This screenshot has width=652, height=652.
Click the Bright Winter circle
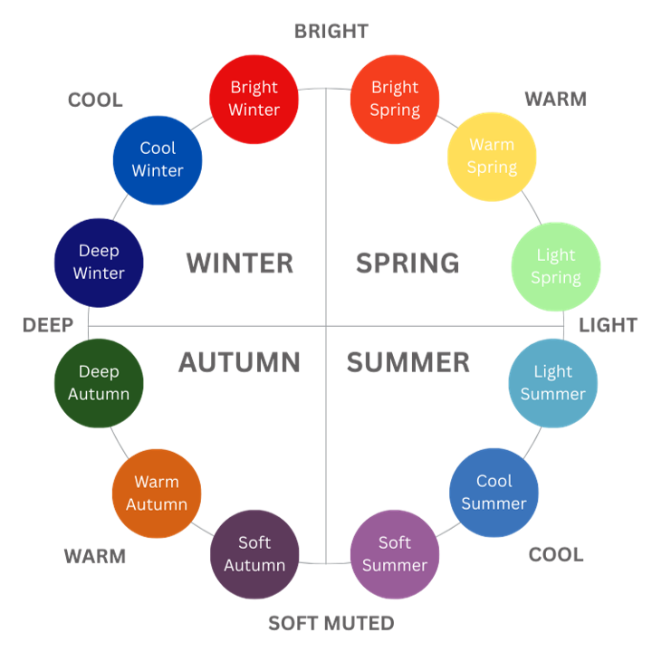tap(254, 99)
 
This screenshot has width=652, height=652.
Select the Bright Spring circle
tap(394, 99)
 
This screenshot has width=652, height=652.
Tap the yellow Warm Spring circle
tap(492, 156)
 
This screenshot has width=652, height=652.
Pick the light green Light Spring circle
tap(556, 266)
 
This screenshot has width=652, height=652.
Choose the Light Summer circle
tap(552, 383)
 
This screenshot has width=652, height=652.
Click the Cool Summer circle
tap(494, 492)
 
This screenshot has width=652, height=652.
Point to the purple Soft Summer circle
tap(394, 553)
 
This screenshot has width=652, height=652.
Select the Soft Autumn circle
tap(254, 553)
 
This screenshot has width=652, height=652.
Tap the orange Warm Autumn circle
tap(157, 493)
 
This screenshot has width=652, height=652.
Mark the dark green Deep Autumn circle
tap(99, 383)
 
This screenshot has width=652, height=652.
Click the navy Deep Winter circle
tap(99, 262)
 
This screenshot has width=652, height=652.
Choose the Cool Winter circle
tap(158, 159)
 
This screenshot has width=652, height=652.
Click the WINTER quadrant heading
tap(239, 263)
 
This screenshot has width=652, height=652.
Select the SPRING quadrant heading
tap(406, 263)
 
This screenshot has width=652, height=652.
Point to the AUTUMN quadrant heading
tap(239, 363)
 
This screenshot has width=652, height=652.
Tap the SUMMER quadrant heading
tap(408, 363)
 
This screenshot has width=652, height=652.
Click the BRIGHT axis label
tap(330, 33)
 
